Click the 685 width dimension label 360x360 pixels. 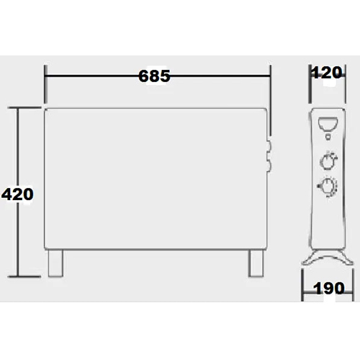point(154,76)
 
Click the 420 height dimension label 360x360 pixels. point(17,194)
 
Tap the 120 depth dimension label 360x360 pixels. point(327,73)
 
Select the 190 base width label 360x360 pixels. point(329,288)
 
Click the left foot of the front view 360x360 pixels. point(55,264)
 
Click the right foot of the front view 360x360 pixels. point(256,264)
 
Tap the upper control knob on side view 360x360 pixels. point(328,160)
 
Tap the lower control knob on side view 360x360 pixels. point(328,187)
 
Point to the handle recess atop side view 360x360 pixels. point(328,124)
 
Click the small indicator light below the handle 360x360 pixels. point(328,137)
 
